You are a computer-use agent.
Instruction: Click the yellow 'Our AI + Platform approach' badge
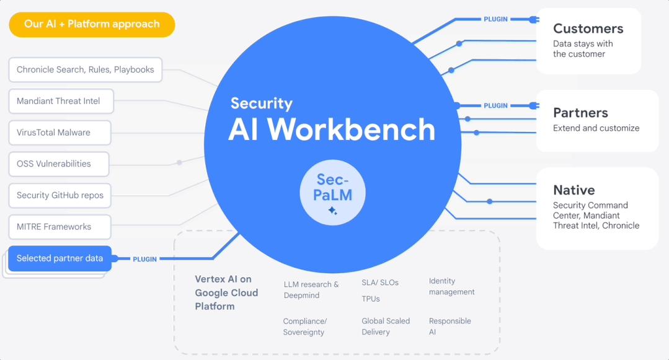(92, 24)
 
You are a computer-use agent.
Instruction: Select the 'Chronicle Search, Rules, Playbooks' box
(86, 69)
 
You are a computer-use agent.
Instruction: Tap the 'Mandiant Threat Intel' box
(61, 101)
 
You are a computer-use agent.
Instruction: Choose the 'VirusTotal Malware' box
(60, 133)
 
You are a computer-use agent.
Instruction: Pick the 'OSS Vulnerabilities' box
(59, 164)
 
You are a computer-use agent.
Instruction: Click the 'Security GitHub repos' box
(60, 195)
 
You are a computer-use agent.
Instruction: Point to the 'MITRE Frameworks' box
(60, 227)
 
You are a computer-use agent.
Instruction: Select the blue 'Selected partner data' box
(60, 258)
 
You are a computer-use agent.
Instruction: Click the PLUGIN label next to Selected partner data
(144, 260)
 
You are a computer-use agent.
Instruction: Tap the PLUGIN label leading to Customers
(495, 19)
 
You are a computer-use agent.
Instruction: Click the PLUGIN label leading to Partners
(495, 106)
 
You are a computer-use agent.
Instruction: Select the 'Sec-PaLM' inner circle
(333, 192)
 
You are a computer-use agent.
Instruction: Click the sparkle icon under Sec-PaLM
(333, 210)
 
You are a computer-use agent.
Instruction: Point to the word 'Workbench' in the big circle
(351, 129)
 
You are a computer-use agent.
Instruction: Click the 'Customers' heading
(588, 29)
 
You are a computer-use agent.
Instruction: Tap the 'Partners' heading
(580, 113)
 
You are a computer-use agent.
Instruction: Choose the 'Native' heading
(574, 190)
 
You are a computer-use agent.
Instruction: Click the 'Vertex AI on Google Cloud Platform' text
(226, 292)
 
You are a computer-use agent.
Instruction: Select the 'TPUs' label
(371, 299)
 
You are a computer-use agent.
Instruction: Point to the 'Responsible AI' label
(450, 327)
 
